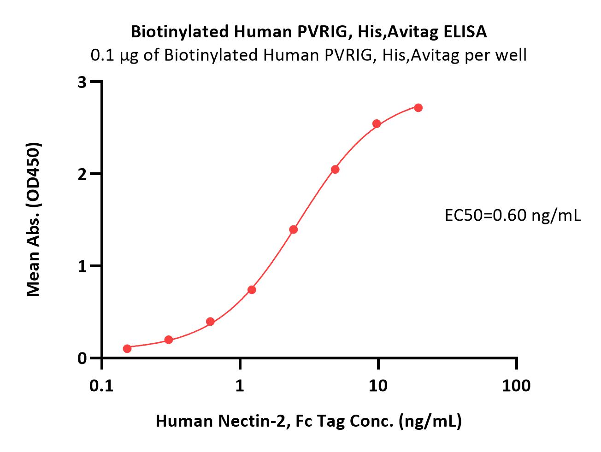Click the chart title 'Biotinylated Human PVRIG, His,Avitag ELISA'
click(309, 32)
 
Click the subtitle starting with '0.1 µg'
click(309, 55)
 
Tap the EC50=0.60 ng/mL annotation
click(513, 215)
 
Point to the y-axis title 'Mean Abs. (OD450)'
click(34, 219)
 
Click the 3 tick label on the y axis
click(82, 82)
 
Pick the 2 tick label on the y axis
click(82, 174)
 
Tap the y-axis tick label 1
click(82, 266)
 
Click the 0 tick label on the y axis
click(82, 358)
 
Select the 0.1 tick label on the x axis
click(102, 385)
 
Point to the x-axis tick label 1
click(240, 385)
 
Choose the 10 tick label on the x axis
click(378, 385)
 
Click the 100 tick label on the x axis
click(516, 385)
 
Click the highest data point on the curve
click(418, 108)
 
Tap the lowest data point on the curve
click(127, 348)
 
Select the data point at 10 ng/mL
click(377, 123)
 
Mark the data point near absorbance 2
click(335, 170)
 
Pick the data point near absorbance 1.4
click(293, 229)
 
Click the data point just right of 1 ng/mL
click(252, 290)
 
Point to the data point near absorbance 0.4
click(210, 322)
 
